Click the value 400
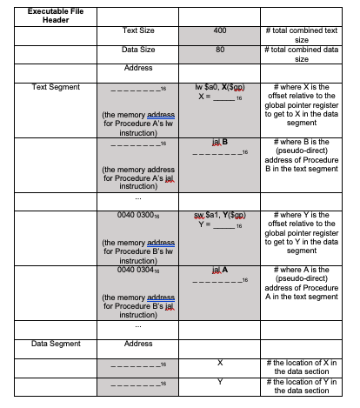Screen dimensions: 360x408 click(219, 31)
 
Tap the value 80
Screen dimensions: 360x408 click(219, 50)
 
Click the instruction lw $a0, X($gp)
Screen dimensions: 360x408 click(219, 88)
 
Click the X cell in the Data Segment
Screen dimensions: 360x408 click(219, 362)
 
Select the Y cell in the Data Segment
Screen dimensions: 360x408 click(219, 382)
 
